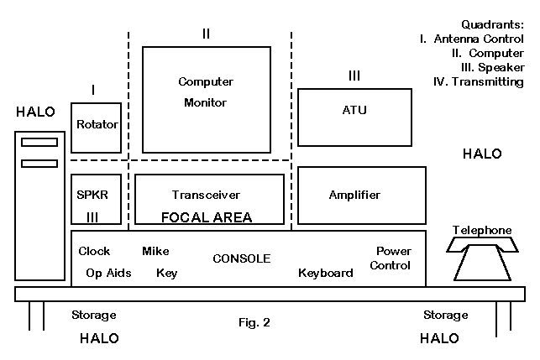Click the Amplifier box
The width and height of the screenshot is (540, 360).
[x=354, y=195]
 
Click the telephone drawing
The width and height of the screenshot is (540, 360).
[x=482, y=257]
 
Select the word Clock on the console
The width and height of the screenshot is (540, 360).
[x=94, y=251]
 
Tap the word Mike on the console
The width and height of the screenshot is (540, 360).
[x=155, y=251]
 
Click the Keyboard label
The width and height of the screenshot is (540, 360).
[x=325, y=273]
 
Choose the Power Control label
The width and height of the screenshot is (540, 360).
[x=393, y=258]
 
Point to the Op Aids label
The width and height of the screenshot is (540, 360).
[x=108, y=273]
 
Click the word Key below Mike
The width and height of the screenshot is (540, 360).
[x=166, y=273]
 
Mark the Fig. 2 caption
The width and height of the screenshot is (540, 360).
[x=254, y=321]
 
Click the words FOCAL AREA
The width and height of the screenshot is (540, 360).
[x=206, y=217]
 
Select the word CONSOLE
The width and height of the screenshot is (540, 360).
[x=241, y=258]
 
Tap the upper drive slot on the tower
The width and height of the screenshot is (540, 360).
[x=39, y=142]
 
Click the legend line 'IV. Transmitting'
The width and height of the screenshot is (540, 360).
[x=477, y=82]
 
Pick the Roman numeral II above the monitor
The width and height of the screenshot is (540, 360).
[x=206, y=34]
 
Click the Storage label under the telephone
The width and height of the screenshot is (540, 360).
[x=445, y=316]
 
